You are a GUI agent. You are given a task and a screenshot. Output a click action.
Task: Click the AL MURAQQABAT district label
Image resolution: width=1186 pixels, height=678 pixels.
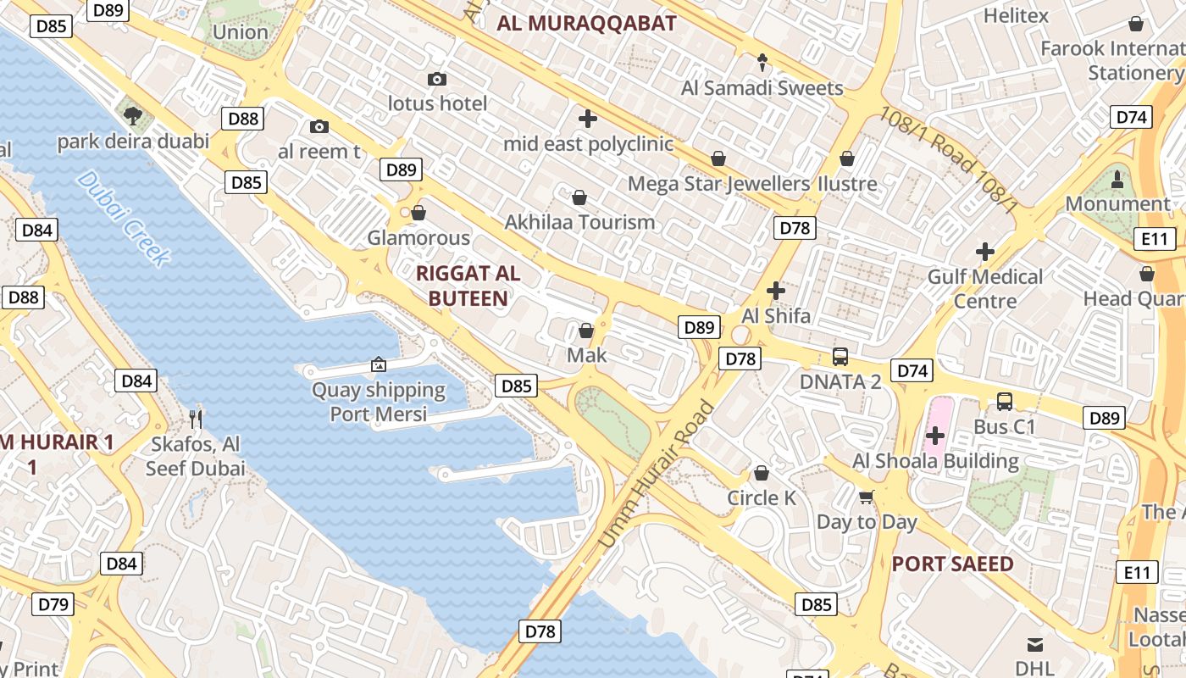[x=587, y=23]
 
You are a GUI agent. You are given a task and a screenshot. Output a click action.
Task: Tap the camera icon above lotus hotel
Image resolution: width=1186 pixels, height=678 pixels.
[x=437, y=80]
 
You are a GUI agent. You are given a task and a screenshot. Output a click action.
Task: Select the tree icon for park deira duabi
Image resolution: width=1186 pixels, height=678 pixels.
[x=131, y=116]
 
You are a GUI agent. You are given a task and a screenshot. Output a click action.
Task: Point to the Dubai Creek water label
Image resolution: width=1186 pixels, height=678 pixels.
[x=124, y=218]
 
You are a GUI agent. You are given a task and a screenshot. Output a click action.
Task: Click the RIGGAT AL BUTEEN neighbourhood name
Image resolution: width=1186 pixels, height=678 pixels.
[x=468, y=286]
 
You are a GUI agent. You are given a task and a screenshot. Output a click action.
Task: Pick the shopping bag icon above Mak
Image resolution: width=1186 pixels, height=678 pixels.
[x=586, y=331]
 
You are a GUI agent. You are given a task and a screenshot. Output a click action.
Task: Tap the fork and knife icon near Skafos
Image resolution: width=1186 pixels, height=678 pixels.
[x=196, y=418]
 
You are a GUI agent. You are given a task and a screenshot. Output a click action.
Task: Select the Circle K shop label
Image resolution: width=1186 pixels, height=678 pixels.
[x=762, y=497]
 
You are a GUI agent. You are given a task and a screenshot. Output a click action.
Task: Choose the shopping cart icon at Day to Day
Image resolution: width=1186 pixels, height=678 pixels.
[x=867, y=497]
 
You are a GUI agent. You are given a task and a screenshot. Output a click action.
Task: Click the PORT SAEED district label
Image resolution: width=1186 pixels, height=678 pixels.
[x=952, y=564]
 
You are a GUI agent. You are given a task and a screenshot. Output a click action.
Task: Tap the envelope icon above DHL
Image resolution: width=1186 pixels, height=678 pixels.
[x=1034, y=645]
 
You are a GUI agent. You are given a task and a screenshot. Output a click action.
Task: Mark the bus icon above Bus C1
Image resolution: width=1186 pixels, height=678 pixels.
[x=1005, y=402]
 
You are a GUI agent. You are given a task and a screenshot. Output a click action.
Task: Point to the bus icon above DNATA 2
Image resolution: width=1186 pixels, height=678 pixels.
[x=840, y=357]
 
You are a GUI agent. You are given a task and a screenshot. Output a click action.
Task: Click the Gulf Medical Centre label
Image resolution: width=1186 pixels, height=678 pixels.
[x=985, y=289]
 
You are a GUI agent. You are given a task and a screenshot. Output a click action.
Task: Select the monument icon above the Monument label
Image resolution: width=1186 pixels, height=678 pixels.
[x=1117, y=179]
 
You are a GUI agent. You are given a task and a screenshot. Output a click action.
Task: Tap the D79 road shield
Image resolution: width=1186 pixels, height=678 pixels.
[x=53, y=604]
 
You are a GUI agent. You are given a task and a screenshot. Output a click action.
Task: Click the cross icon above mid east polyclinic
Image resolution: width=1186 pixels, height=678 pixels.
[x=588, y=119]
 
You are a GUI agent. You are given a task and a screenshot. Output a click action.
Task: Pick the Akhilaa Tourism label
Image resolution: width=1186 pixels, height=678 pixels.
[x=579, y=222]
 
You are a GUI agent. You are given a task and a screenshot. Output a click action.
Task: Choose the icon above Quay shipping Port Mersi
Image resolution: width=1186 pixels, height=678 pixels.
[x=379, y=365]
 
